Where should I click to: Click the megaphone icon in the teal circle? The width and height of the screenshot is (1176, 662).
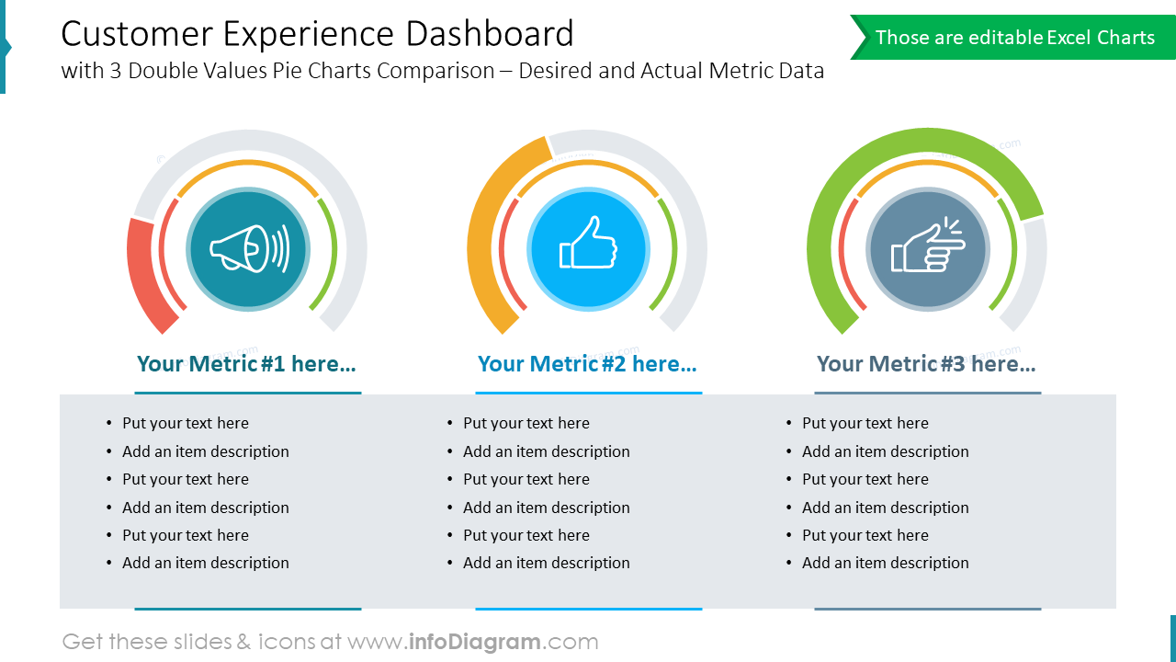(248, 248)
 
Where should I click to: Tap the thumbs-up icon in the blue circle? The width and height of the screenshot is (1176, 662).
(588, 244)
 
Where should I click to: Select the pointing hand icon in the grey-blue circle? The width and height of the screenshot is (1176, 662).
(928, 246)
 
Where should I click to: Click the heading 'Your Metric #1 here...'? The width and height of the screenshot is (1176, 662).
(246, 364)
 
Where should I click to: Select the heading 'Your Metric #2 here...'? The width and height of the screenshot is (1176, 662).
(587, 364)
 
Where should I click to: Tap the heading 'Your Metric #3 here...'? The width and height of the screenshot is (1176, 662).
(926, 364)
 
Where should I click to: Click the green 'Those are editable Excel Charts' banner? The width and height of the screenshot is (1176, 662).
(1013, 38)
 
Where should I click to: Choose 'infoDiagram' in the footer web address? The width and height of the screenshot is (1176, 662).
(474, 642)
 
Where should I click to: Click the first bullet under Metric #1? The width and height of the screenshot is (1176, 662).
(185, 423)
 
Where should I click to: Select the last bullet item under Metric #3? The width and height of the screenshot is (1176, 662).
(885, 563)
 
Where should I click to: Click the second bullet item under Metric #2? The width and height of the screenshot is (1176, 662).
(546, 451)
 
